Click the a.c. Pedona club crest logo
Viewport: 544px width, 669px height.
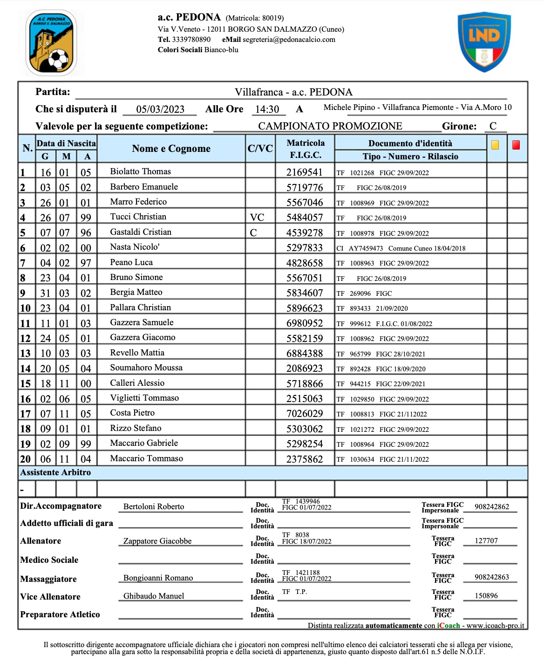click(x=51, y=43)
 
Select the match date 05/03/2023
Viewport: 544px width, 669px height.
click(x=160, y=109)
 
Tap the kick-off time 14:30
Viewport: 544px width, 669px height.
click(x=267, y=109)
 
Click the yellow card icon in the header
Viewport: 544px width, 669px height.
click(x=495, y=145)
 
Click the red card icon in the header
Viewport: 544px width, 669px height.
click(x=516, y=145)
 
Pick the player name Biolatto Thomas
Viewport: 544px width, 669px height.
click(x=140, y=171)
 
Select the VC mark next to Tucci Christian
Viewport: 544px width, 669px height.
click(x=257, y=218)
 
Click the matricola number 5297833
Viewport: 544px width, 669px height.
click(x=304, y=248)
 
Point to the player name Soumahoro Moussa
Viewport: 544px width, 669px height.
click(x=146, y=368)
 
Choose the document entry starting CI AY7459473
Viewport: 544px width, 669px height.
click(x=401, y=248)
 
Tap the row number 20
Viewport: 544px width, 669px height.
click(x=25, y=459)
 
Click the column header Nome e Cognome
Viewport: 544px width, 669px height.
click(x=171, y=149)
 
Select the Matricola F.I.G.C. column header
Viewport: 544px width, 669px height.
click(x=306, y=149)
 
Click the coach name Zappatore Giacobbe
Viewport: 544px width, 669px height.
click(x=157, y=541)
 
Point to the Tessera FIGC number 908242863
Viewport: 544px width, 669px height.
click(x=491, y=577)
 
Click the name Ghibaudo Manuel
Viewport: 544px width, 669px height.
click(x=154, y=596)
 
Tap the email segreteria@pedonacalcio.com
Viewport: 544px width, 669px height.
click(x=289, y=40)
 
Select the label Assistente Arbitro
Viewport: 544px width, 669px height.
click(x=55, y=472)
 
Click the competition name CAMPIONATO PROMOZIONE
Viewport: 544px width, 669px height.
click(x=330, y=126)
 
